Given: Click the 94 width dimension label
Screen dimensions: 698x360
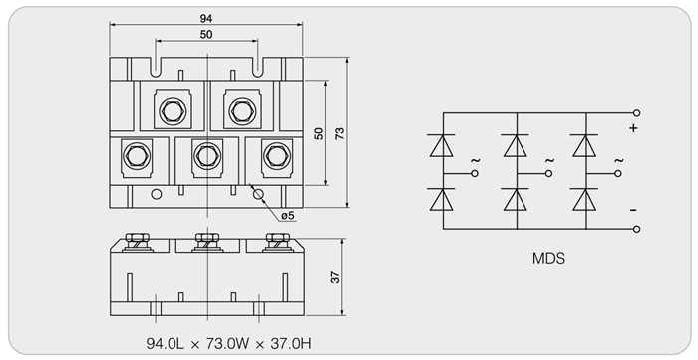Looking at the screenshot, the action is coord(206,18).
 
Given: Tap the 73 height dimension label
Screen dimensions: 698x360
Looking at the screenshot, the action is coord(340,133).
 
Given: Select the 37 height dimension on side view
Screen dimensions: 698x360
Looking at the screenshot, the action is coord(336,277).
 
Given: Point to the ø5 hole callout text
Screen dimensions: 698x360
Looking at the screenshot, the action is coord(288,215).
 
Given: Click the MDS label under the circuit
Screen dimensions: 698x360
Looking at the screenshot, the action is coord(548,258).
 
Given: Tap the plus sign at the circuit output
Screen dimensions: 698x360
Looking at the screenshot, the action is coord(633,128).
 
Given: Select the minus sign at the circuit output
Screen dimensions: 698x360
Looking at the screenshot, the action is coord(633,210).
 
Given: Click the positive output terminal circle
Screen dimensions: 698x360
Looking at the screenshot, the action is coord(636,113).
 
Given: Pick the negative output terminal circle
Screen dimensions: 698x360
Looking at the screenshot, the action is coord(636,229).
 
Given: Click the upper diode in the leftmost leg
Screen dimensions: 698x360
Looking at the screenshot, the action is coord(441,145).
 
